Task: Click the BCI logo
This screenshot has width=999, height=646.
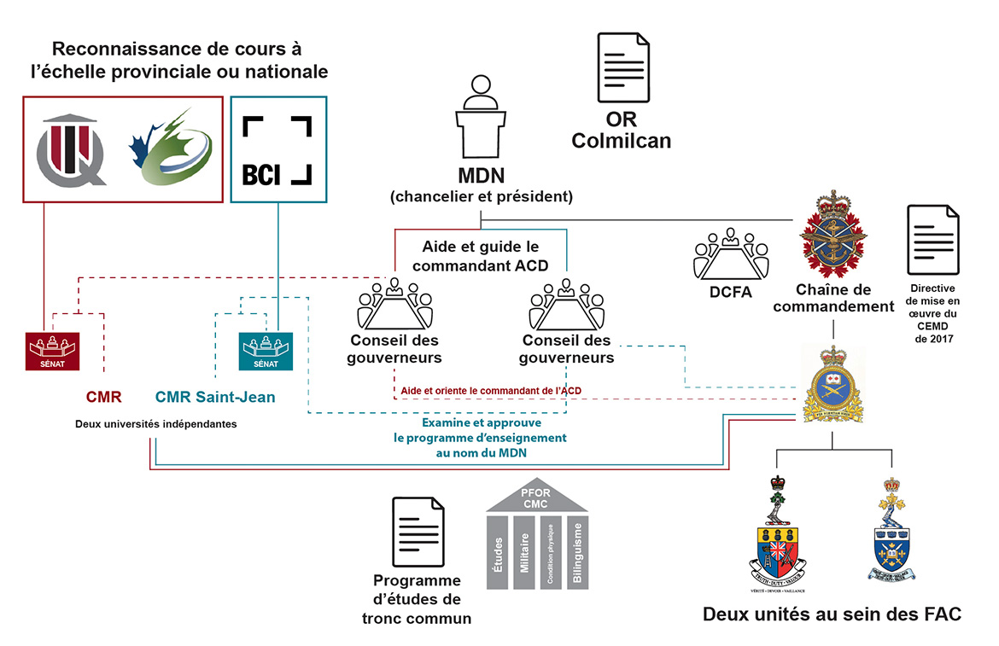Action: [277, 150]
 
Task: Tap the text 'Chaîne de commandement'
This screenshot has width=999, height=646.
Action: [833, 298]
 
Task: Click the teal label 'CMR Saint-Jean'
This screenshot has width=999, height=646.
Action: [215, 397]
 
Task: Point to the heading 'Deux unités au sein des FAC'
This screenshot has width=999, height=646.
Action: [832, 614]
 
